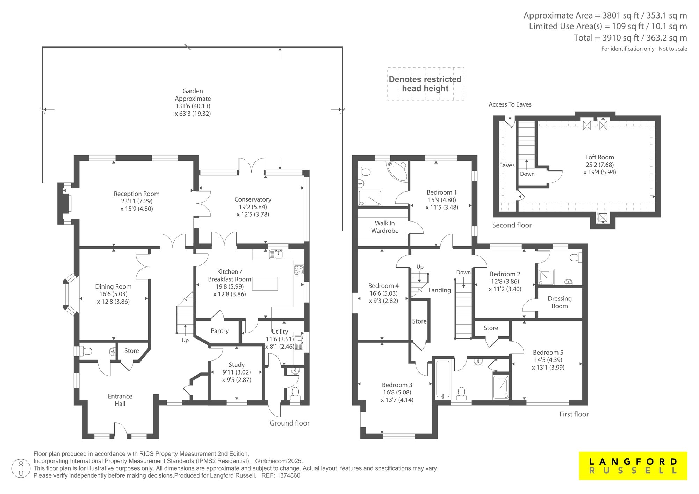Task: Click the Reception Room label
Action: point(137,194)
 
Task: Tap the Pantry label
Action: point(219,331)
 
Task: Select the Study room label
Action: point(237,365)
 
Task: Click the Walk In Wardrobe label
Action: point(385,227)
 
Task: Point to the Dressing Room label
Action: point(560,302)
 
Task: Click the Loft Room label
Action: point(600,157)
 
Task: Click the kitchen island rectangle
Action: point(265,283)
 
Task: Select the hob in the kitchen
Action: point(299,269)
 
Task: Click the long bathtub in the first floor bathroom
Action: point(443,379)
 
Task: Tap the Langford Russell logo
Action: point(633,466)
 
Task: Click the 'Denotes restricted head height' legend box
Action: point(425,84)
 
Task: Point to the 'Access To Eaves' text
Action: point(510,104)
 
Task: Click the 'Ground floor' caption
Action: point(289,423)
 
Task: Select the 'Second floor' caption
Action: point(512,225)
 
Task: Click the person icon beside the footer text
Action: point(21,468)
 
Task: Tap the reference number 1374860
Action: point(288,475)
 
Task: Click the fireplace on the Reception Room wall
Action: point(65,204)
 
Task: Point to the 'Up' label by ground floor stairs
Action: point(185,340)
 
